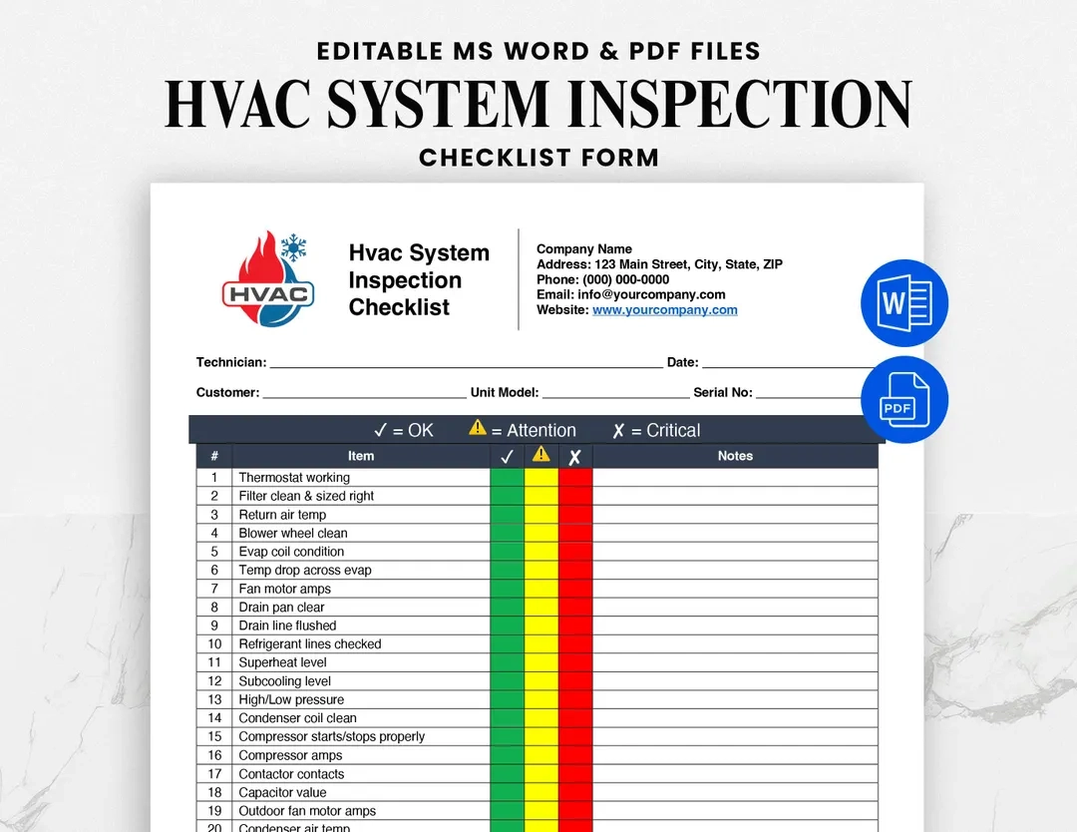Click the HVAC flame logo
pos(267,280)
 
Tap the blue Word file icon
pos(904,303)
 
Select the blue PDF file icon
pos(904,399)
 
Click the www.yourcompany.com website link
pos(664,310)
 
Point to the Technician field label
pos(231,363)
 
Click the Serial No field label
pos(723,393)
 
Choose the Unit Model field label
pos(505,393)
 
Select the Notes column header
pos(735,456)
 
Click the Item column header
pos(361,456)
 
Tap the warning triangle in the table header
pos(540,455)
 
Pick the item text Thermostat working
pos(294,478)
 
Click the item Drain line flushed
pos(287,625)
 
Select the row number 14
pos(214,718)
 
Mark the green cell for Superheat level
pos(507,662)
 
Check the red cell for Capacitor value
pos(575,792)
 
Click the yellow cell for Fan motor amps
pos(541,589)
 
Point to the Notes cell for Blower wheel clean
pos(735,534)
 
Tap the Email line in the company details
pos(630,295)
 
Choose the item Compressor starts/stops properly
pos(331,736)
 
